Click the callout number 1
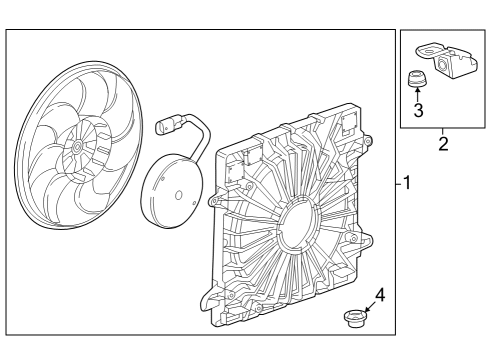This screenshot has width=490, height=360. pyautogui.click(x=408, y=184)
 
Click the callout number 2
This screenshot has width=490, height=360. pyautogui.click(x=443, y=143)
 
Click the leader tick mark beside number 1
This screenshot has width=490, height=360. pyautogui.click(x=399, y=184)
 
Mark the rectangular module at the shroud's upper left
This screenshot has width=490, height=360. pyautogui.click(x=241, y=171)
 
